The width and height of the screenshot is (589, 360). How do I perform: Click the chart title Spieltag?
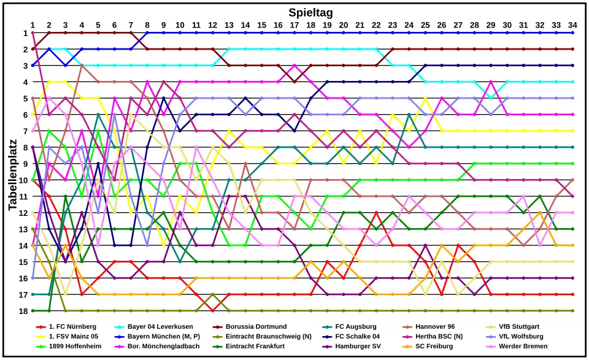point(310,12)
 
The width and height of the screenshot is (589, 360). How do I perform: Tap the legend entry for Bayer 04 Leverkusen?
point(160,327)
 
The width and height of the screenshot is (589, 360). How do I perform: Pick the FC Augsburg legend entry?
point(356,327)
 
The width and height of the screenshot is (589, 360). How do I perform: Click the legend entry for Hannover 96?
point(435,327)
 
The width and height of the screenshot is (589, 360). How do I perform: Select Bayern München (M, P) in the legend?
point(164,337)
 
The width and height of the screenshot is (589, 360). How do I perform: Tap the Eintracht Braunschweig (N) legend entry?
point(267,337)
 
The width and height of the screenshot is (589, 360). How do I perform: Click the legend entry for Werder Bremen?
point(523,347)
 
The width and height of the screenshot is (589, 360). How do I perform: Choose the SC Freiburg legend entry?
point(435,347)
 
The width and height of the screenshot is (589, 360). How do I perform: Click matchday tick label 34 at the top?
point(572,25)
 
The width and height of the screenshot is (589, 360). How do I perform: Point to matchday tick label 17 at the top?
point(294,25)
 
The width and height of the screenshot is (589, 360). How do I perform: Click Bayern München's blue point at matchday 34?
point(572,33)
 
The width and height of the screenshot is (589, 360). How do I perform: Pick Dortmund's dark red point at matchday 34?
point(572,49)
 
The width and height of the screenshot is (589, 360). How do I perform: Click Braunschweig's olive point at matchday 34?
point(572,311)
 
